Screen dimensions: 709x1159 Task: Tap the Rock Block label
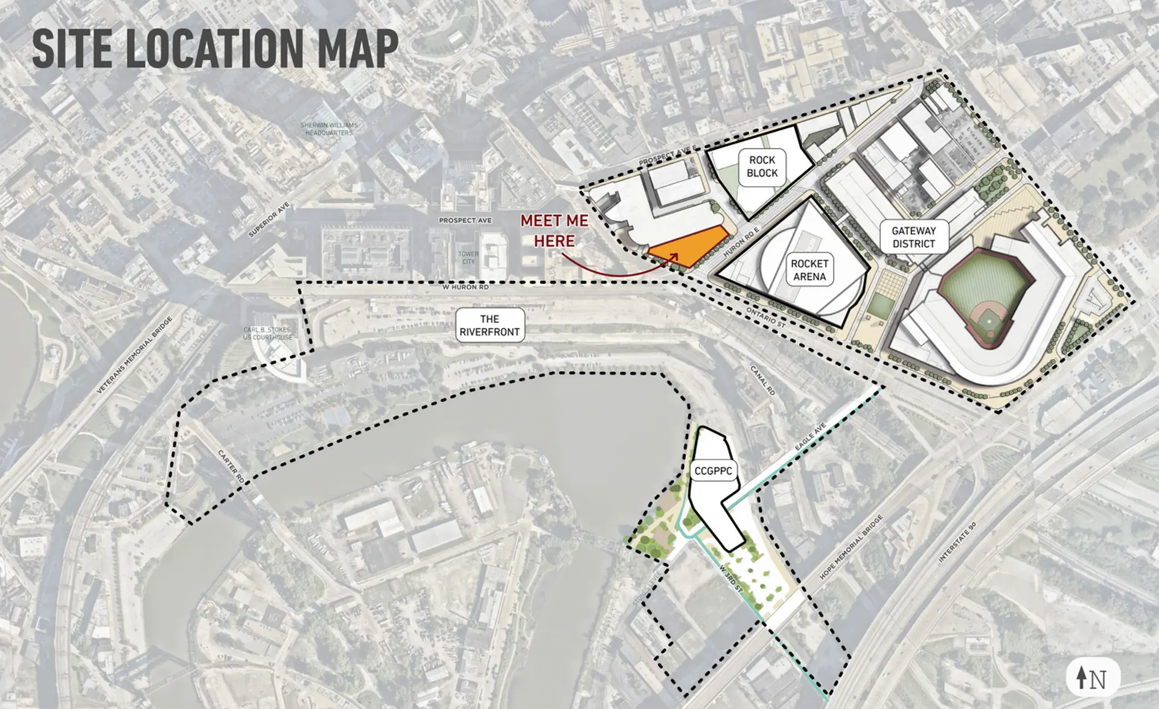click(762, 167)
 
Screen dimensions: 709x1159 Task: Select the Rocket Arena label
click(809, 270)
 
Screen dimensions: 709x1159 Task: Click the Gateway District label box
click(913, 237)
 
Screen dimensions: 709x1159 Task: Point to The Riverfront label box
click(490, 325)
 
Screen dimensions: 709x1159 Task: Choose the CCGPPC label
click(713, 471)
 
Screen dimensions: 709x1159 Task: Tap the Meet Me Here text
click(554, 231)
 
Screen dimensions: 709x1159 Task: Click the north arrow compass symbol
click(1092, 678)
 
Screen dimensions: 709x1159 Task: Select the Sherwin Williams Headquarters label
click(329, 129)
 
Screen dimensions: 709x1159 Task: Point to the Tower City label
click(468, 258)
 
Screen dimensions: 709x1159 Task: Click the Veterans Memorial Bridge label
click(134, 355)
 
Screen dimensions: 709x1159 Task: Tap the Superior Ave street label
click(269, 220)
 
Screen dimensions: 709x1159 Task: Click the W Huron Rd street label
click(465, 287)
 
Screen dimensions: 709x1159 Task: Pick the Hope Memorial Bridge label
click(851, 547)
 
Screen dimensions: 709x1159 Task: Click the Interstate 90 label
click(957, 542)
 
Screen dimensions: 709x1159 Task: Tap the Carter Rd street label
click(231, 466)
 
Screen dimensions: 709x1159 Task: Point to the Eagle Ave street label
click(810, 437)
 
